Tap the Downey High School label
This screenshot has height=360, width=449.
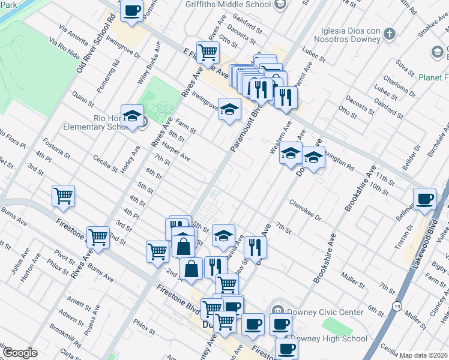coord(334,338)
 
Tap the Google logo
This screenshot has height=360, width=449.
coord(20,353)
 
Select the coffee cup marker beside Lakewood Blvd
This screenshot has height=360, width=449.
coord(425,199)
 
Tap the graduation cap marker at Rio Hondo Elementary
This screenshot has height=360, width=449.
coord(132,115)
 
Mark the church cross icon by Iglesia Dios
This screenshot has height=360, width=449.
coord(390,34)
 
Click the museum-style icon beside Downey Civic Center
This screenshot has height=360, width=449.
coord(278,311)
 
